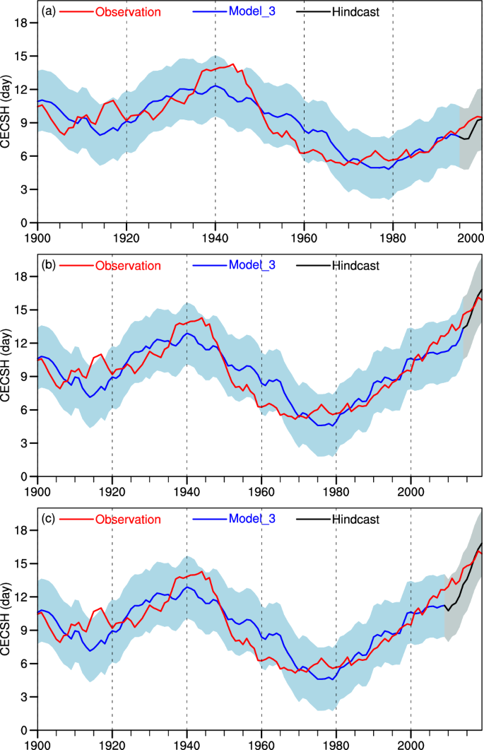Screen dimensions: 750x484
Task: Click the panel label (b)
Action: pyautogui.click(x=49, y=265)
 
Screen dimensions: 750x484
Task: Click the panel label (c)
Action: pyautogui.click(x=49, y=519)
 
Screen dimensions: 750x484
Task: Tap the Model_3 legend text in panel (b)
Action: pyautogui.click(x=254, y=265)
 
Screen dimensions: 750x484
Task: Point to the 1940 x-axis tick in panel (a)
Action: pyautogui.click(x=215, y=235)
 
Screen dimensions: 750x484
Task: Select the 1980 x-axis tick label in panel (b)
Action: pyautogui.click(x=336, y=489)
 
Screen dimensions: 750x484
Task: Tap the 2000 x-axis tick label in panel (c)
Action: pyautogui.click(x=411, y=743)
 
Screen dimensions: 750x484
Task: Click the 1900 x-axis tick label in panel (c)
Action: pyautogui.click(x=37, y=743)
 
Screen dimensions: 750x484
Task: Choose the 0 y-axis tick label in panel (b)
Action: pyautogui.click(x=24, y=476)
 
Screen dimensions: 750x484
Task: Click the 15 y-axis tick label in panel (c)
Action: pyautogui.click(x=21, y=563)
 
